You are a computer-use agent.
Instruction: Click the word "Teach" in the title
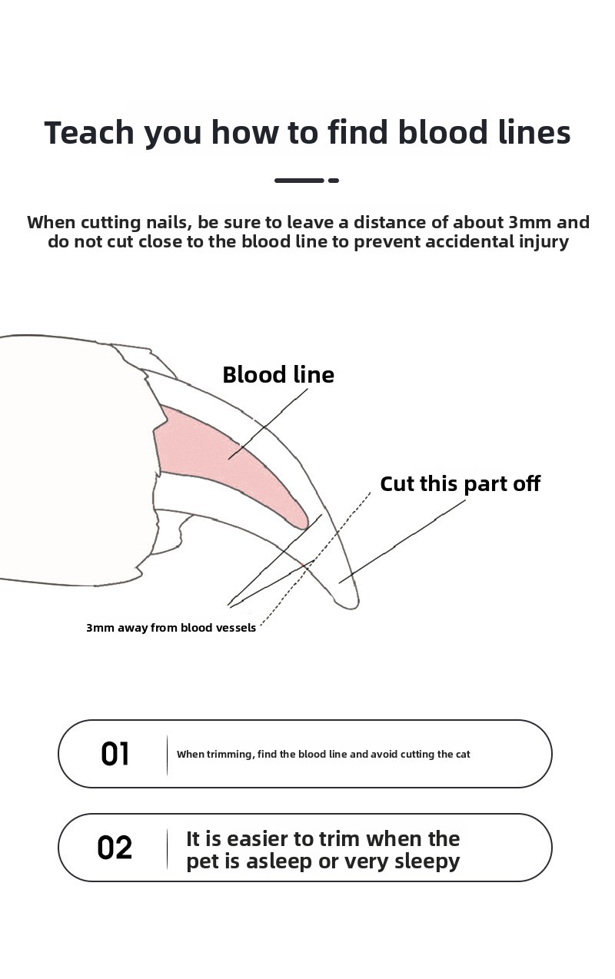click(x=89, y=132)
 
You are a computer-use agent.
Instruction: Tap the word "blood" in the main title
click(x=442, y=132)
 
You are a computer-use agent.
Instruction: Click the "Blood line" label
click(x=278, y=375)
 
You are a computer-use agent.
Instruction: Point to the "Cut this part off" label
click(x=460, y=484)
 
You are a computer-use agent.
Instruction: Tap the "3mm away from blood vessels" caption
click(x=171, y=628)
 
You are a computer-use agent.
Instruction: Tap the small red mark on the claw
click(x=302, y=566)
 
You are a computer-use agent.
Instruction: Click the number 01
click(x=115, y=755)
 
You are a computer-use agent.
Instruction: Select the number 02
click(x=115, y=848)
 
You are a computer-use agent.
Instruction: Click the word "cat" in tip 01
click(x=463, y=755)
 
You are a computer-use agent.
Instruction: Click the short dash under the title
click(x=334, y=180)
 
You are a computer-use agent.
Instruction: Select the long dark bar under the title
click(x=299, y=180)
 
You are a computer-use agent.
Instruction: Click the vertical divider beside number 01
click(x=167, y=755)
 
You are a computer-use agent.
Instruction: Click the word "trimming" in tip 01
click(x=230, y=755)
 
